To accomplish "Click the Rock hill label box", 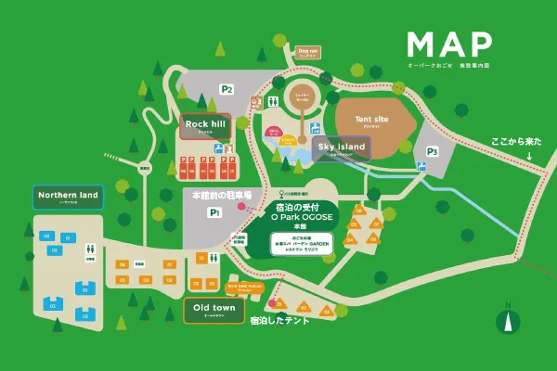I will tap(205, 125).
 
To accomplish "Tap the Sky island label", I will tap(342, 147).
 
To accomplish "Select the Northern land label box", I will tap(70, 196).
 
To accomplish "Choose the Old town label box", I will tap(214, 309).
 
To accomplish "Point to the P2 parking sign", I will tap(226, 89).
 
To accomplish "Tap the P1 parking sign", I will tap(214, 212).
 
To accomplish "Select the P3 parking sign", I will tap(432, 151).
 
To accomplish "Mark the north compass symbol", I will tap(507, 320).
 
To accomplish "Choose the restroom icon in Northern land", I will tap(91, 249).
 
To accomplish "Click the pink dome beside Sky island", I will tap(274, 133).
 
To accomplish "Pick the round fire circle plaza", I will tap(303, 96).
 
